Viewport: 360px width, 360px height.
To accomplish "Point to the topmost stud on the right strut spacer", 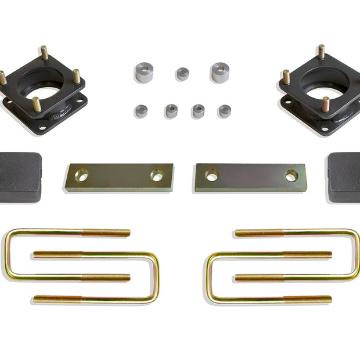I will (321, 51).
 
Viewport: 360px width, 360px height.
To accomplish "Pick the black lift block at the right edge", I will (344, 177).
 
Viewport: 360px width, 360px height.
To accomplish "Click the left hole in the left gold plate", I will (81, 174).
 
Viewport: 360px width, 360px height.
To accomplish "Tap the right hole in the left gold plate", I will (157, 174).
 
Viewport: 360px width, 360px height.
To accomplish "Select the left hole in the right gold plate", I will (212, 175).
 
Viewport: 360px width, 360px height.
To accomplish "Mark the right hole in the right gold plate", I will (291, 175).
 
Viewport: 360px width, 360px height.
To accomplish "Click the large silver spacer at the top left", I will (143, 73).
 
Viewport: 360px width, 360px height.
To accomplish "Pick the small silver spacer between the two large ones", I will (183, 74).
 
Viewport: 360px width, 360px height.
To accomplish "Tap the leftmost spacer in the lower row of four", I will (141, 111).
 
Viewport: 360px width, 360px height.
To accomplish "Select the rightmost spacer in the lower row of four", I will (225, 111).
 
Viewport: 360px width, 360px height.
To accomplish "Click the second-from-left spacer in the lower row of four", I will (171, 110).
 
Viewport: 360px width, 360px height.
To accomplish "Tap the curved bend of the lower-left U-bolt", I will (156, 278).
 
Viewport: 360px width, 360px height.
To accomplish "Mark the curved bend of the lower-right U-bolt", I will (208, 278).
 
